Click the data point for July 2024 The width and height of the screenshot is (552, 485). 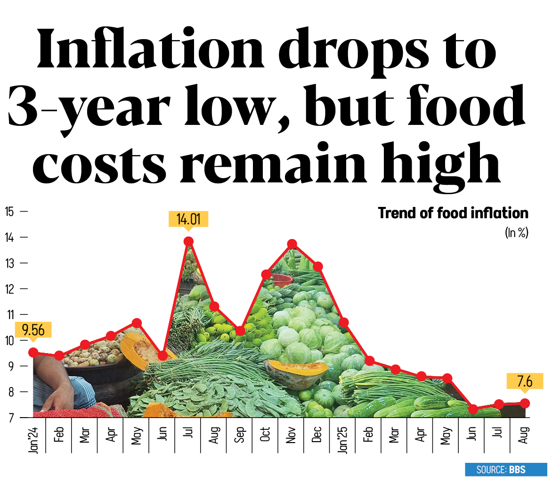click(188, 242)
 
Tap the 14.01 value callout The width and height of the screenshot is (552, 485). click(188, 220)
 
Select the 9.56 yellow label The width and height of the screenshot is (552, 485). click(33, 330)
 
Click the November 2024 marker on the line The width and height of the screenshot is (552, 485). click(292, 244)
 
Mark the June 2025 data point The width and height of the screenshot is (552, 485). click(473, 409)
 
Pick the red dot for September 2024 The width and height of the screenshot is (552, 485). click(240, 331)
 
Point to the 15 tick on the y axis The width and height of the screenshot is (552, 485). click(9, 211)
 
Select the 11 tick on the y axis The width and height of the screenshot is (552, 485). click(9, 314)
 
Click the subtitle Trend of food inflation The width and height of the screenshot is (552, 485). click(453, 214)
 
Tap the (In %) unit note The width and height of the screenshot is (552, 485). click(516, 232)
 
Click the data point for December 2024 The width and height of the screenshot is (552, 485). click(317, 267)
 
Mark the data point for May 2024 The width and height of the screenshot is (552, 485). click(137, 323)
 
